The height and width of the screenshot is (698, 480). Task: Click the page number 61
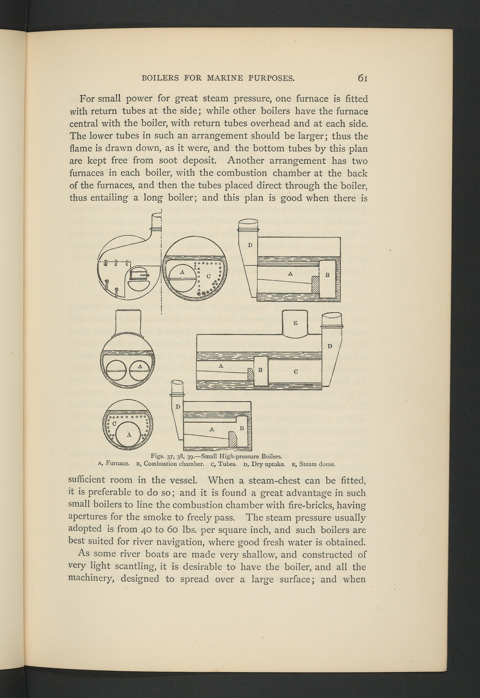[362, 78]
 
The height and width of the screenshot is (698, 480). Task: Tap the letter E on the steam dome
[295, 323]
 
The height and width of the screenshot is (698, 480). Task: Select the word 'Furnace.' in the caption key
[118, 464]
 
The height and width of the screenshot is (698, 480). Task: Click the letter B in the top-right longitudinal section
[328, 275]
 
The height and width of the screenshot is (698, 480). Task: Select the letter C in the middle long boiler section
[296, 372]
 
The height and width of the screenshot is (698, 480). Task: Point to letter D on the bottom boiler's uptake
[178, 407]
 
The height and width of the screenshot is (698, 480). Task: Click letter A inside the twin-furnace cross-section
[139, 367]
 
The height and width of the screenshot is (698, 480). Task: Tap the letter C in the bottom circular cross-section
[114, 423]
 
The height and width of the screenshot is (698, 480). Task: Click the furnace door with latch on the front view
[138, 274]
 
